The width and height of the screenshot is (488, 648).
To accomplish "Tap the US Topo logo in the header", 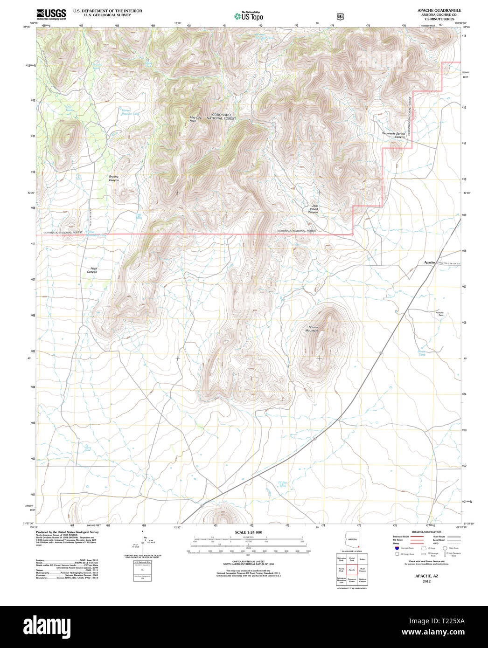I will pyautogui.click(x=249, y=16).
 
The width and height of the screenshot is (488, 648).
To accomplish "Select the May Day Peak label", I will pyautogui.click(x=195, y=119).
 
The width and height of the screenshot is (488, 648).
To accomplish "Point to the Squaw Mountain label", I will pyautogui.click(x=312, y=329).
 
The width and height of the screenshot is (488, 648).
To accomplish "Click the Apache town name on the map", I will pyautogui.click(x=429, y=262).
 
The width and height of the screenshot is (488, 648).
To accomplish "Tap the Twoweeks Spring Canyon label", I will pyautogui.click(x=393, y=135).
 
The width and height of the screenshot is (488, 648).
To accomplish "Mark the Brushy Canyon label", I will pyautogui.click(x=113, y=178).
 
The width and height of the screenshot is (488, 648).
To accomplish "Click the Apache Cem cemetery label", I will pyautogui.click(x=439, y=314).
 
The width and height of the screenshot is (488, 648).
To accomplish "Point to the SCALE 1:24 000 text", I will pyautogui.click(x=248, y=532).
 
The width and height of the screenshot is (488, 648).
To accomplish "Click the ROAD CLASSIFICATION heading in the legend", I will pyautogui.click(x=426, y=532).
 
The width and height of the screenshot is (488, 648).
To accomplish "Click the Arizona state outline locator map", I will pyautogui.click(x=352, y=541).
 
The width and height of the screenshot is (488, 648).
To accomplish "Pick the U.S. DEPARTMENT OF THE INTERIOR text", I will pyautogui.click(x=107, y=11).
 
